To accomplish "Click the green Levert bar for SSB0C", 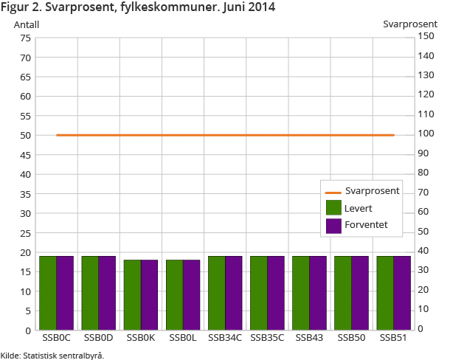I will [x=48, y=292].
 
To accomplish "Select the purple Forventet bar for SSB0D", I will [x=107, y=292].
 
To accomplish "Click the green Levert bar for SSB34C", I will [x=216, y=292].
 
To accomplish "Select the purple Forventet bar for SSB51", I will [x=401, y=292].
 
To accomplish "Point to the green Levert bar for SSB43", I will [x=300, y=292].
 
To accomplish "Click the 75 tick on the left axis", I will [x=25, y=38].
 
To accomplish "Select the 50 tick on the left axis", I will [x=25, y=135].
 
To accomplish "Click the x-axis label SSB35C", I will [x=267, y=338].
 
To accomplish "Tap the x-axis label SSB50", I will [x=351, y=338].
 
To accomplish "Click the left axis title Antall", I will [x=27, y=24].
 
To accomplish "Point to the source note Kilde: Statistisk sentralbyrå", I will [x=52, y=355].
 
